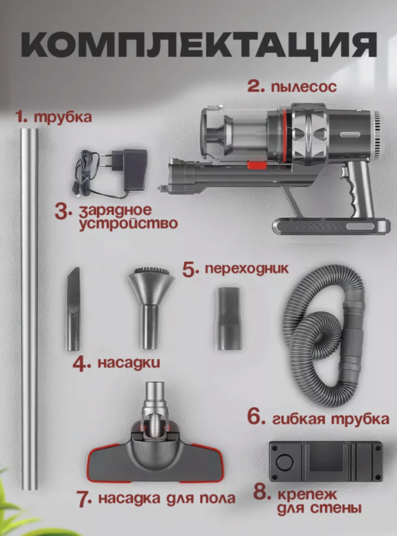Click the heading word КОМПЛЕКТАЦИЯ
198,46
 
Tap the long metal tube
29,308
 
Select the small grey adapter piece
227,318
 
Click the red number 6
255,416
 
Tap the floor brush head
155,456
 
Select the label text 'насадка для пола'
166,498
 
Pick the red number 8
262,494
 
